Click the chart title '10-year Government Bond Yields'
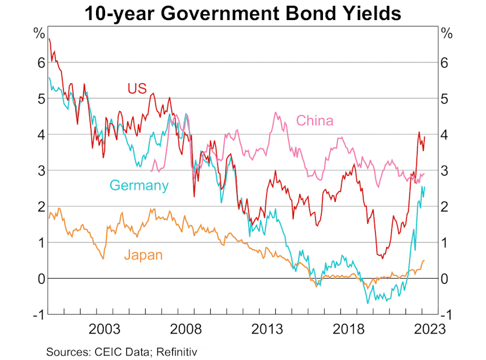coord(243,12)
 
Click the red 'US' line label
coord(137,88)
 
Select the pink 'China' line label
coord(315,121)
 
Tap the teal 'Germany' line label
coord(139,186)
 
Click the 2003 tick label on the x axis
coord(105,328)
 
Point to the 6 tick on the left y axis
coord(40,63)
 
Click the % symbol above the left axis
coord(39,34)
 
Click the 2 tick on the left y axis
coord(40,206)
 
